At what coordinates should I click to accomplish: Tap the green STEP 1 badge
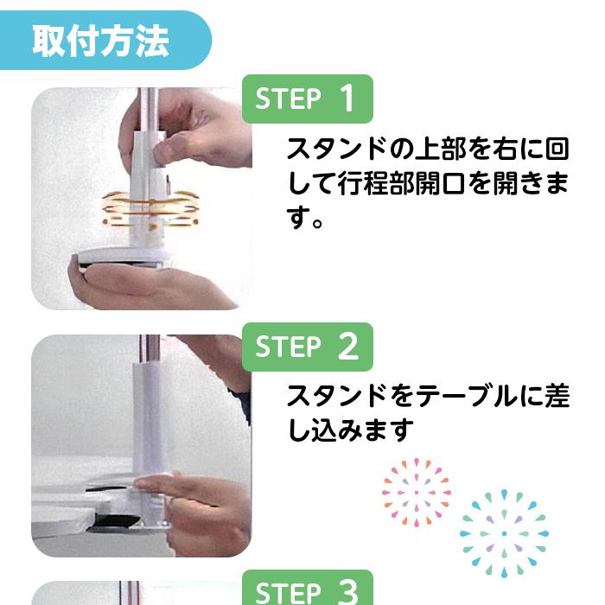point(307,99)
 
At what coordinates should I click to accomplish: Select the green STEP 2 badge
point(307,347)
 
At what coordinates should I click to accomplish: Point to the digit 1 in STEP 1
point(347,99)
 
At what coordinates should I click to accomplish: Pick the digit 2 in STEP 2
point(347,347)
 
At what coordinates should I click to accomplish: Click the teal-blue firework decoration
point(504,533)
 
